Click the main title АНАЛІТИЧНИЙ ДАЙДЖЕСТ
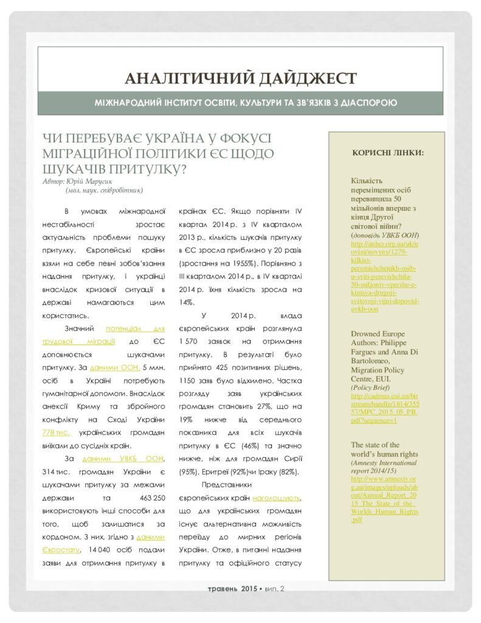[240, 78]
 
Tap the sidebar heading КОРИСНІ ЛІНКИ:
[388, 152]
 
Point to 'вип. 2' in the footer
[274, 589]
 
